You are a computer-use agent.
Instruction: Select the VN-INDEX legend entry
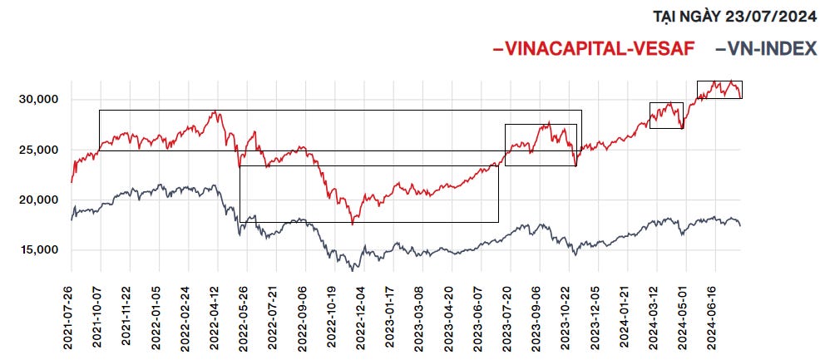click(x=766, y=48)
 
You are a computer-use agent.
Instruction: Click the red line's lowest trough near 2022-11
click(x=353, y=224)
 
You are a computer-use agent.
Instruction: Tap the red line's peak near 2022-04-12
click(x=215, y=111)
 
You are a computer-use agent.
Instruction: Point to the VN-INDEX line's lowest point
click(x=353, y=270)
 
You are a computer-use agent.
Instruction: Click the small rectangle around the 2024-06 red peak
click(x=719, y=81)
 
